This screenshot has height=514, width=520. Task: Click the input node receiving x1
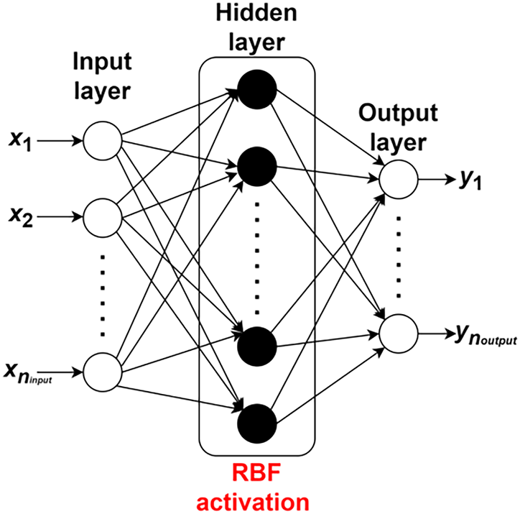(x=103, y=141)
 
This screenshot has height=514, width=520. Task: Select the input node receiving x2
(x=103, y=218)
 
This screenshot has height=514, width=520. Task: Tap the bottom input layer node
(x=103, y=372)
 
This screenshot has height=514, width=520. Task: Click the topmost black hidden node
(x=257, y=89)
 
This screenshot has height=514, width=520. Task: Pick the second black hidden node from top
(x=257, y=167)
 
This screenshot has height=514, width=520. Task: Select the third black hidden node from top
(x=257, y=347)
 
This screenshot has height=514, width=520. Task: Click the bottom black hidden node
(x=257, y=423)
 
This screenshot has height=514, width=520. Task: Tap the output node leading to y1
(x=399, y=179)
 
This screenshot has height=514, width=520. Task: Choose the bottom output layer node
(x=399, y=334)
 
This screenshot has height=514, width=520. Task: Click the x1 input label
(x=20, y=142)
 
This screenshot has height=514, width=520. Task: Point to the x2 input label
(x=21, y=218)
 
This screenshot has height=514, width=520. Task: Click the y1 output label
(x=471, y=180)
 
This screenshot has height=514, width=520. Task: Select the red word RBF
(x=256, y=473)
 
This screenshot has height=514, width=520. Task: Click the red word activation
(x=253, y=502)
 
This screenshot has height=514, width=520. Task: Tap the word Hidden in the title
(x=256, y=13)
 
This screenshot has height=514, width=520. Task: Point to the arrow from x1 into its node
(x=60, y=141)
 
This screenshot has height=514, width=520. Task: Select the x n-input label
(x=28, y=373)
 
